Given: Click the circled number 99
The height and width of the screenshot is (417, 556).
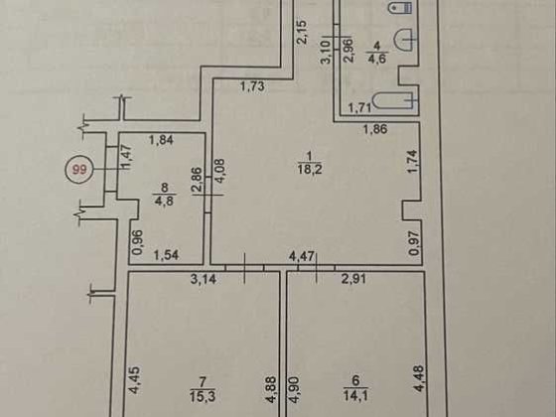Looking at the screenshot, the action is [x=79, y=170].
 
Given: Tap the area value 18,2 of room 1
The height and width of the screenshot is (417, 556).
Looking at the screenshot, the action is [x=310, y=170].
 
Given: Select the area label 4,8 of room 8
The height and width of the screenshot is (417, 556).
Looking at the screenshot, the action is [x=164, y=201].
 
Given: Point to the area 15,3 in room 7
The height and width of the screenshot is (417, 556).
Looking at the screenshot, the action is [x=203, y=396].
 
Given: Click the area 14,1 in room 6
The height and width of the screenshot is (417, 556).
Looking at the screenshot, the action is [x=355, y=395].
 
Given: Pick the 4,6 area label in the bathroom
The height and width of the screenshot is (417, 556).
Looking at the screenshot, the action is [x=377, y=59].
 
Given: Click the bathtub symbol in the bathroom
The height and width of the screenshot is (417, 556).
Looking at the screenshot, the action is [x=393, y=100].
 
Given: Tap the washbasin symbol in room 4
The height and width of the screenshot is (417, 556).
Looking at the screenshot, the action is [x=403, y=40].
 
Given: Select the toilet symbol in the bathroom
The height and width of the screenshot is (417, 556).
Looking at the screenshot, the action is [x=400, y=7].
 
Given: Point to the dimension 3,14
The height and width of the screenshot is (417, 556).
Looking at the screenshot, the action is [x=204, y=279].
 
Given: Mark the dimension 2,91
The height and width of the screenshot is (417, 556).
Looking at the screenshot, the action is [x=353, y=279].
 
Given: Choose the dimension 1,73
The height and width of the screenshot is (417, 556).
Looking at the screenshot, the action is [x=252, y=86].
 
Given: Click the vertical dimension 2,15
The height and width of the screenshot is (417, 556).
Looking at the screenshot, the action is [x=302, y=32].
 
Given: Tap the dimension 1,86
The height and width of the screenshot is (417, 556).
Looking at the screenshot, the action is [x=375, y=129].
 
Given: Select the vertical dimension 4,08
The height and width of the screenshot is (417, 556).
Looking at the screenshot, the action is [x=219, y=171].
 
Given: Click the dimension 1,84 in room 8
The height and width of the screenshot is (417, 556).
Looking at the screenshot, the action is [x=161, y=140].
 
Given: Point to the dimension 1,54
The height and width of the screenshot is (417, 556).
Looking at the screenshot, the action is [x=167, y=255].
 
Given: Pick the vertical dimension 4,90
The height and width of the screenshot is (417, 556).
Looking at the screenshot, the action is [x=295, y=389].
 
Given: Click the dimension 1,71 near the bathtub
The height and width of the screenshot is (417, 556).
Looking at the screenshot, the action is [x=359, y=107].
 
